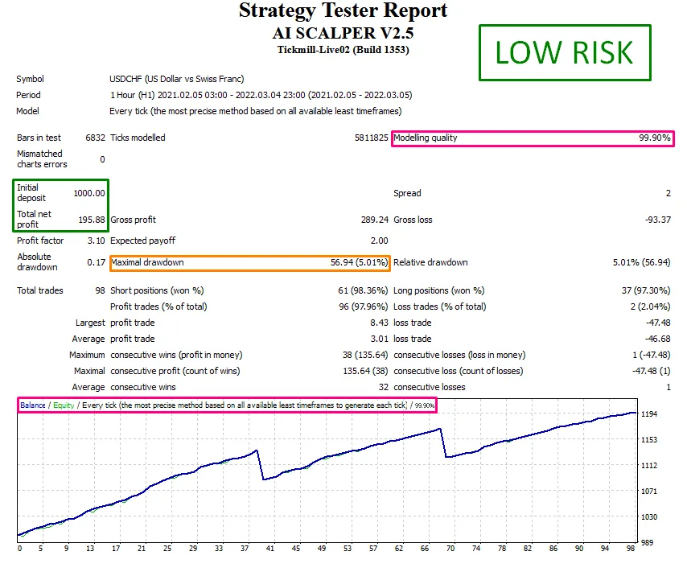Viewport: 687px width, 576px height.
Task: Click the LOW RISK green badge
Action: (564, 52)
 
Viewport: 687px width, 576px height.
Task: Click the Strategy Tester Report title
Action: (343, 11)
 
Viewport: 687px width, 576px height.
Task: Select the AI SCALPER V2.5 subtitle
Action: (343, 34)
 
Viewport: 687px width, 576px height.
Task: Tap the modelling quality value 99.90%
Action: (655, 138)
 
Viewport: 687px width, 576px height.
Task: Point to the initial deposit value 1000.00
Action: (89, 193)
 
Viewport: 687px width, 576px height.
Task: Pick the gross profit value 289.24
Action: (374, 220)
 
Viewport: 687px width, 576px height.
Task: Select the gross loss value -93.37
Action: (656, 220)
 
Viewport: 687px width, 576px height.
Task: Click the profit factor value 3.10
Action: (96, 241)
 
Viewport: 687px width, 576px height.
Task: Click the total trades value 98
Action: (100, 290)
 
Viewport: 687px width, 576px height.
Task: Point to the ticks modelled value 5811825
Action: (372, 138)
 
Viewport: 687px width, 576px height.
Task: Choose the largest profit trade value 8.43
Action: (379, 323)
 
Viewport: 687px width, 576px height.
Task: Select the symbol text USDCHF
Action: (130, 79)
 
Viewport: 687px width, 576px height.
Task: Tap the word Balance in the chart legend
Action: (33, 405)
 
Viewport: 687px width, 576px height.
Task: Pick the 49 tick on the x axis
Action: (322, 549)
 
